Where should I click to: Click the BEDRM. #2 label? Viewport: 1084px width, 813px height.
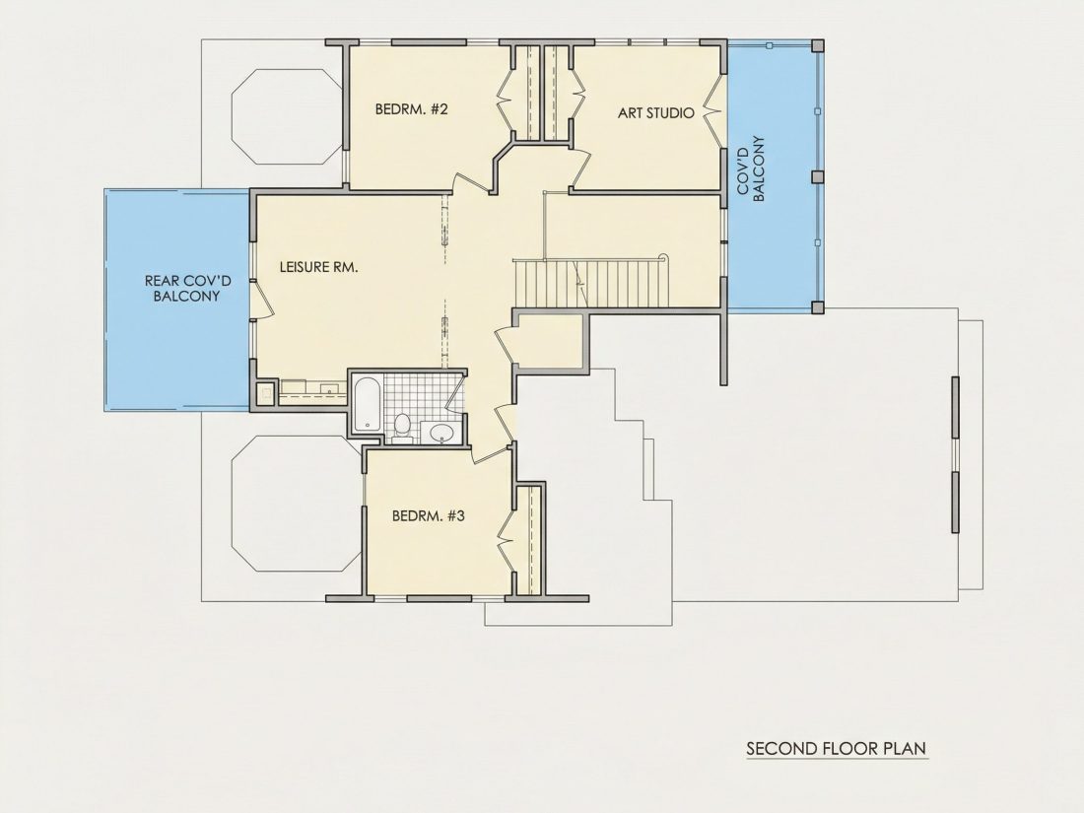point(412,109)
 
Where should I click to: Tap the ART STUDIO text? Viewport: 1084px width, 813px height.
point(655,112)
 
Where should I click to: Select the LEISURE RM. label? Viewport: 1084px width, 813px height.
point(318,267)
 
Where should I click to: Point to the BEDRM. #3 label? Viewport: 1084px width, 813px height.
point(428,515)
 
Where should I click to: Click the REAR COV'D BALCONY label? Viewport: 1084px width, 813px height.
point(187,289)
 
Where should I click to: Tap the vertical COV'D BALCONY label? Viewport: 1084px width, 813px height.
point(751,169)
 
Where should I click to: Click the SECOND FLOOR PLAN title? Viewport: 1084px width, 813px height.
point(836,748)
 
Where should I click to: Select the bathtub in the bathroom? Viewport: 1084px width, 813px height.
point(366,404)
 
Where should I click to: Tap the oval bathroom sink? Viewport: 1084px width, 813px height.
point(441,434)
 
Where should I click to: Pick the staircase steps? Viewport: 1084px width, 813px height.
point(592,284)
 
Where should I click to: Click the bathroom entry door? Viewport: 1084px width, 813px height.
point(454,392)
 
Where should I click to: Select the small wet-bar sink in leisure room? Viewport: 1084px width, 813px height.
point(265,395)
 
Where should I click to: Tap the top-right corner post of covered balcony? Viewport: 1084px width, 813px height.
point(817,45)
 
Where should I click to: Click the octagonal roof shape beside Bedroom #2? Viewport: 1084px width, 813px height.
point(287,116)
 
